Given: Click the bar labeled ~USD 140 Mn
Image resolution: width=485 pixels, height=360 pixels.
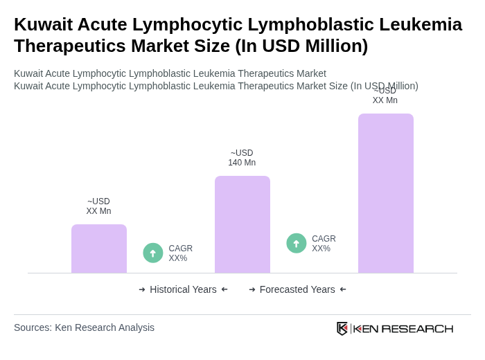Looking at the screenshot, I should pyautogui.click(x=242, y=224).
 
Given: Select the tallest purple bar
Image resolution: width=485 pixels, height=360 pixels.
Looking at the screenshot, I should pyautogui.click(x=385, y=193).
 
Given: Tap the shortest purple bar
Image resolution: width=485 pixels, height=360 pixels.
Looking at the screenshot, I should pyautogui.click(x=98, y=249).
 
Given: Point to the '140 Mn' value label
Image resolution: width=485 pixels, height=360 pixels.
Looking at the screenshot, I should pyautogui.click(x=242, y=163).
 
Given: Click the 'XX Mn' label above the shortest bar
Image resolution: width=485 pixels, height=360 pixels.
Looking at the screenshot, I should pyautogui.click(x=98, y=211).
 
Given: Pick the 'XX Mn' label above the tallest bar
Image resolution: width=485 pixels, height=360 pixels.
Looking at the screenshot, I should pyautogui.click(x=385, y=100).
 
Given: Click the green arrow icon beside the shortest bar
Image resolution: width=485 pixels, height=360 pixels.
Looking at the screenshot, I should pyautogui.click(x=153, y=253).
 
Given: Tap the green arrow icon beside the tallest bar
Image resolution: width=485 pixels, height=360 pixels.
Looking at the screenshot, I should pyautogui.click(x=297, y=243).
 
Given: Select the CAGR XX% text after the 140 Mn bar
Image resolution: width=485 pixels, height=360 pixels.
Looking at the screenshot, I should pyautogui.click(x=324, y=244).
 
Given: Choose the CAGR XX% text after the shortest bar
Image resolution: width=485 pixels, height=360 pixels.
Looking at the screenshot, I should pyautogui.click(x=180, y=253).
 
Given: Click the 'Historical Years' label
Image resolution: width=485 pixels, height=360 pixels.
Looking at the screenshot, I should pyautogui.click(x=183, y=289).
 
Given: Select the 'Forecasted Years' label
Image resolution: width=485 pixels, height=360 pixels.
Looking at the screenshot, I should pyautogui.click(x=297, y=289).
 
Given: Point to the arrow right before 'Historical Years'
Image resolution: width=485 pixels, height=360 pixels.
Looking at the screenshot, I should pyautogui.click(x=142, y=289).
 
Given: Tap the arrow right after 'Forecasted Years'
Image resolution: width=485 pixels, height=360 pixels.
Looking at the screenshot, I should pyautogui.click(x=343, y=289).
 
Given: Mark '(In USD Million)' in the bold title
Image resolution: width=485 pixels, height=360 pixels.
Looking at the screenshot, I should pyautogui.click(x=301, y=46).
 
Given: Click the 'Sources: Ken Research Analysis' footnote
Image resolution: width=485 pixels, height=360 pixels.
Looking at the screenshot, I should pyautogui.click(x=84, y=327).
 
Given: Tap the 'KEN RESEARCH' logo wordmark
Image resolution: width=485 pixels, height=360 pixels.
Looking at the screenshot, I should pyautogui.click(x=403, y=328).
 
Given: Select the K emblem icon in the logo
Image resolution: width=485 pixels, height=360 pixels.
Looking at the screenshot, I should pyautogui.click(x=342, y=328).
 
